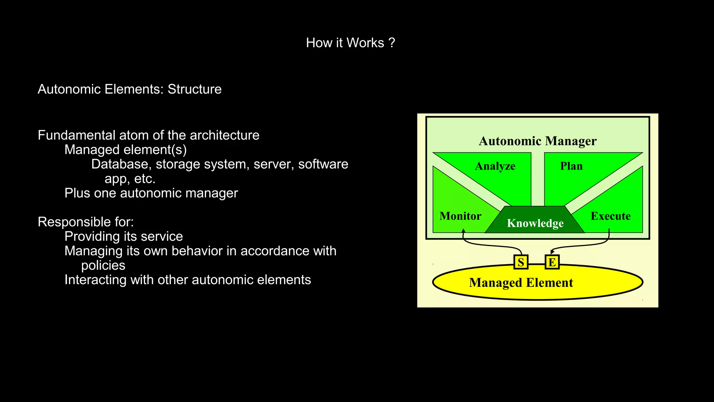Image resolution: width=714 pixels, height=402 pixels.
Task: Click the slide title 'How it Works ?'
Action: (x=350, y=43)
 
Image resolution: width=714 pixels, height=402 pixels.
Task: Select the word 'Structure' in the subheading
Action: (x=195, y=89)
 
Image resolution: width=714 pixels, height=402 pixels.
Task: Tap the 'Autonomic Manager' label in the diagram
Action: (x=538, y=141)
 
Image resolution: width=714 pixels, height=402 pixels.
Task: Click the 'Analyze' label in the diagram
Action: (x=495, y=166)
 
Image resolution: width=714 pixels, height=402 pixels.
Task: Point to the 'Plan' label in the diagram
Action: (x=571, y=166)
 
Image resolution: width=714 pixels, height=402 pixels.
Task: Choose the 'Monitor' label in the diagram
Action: (x=460, y=216)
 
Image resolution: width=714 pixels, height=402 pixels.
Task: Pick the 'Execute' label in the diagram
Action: (x=610, y=216)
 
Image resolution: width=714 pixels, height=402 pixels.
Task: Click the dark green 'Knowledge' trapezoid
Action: (x=535, y=223)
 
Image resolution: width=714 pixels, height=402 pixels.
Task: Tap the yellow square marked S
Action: (x=521, y=262)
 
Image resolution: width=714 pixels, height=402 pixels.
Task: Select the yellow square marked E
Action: (x=552, y=262)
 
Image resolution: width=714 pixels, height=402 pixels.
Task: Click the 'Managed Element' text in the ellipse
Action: (x=521, y=283)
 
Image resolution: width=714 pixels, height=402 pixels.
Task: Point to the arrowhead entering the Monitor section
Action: (x=463, y=231)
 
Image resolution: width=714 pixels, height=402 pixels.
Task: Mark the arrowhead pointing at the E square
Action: (x=552, y=252)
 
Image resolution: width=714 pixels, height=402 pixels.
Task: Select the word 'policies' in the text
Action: (x=103, y=266)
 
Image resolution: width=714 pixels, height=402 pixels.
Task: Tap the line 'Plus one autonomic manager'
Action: (x=151, y=193)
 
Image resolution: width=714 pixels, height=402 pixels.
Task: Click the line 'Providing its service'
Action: (x=123, y=237)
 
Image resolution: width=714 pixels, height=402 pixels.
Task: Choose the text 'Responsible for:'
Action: (x=86, y=222)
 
